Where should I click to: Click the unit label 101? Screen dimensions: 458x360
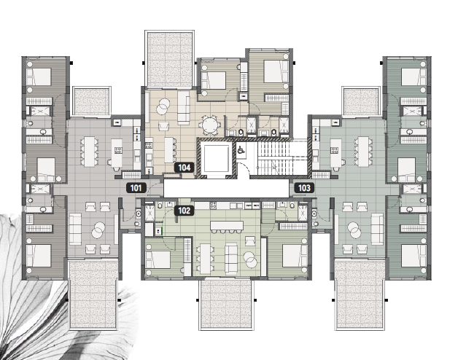(136, 188)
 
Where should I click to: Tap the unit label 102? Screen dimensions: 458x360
(185, 211)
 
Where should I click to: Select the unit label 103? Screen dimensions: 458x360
(304, 188)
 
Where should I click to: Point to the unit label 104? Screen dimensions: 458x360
(185, 168)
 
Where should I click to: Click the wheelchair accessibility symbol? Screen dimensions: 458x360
(241, 150)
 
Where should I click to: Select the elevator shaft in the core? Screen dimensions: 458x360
(216, 158)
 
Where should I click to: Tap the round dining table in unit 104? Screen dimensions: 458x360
(211, 125)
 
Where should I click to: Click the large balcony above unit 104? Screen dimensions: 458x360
(170, 59)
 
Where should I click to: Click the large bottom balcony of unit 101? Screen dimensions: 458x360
(93, 295)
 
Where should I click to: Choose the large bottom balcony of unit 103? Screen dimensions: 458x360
(360, 295)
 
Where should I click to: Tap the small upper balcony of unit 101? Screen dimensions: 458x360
(91, 101)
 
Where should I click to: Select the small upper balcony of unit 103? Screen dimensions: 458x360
(361, 101)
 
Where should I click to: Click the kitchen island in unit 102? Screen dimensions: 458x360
(227, 226)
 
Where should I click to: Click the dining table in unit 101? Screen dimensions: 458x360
(90, 152)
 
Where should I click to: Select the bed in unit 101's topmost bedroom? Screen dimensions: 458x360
(39, 77)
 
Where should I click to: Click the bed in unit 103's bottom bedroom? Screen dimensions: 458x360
(414, 256)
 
